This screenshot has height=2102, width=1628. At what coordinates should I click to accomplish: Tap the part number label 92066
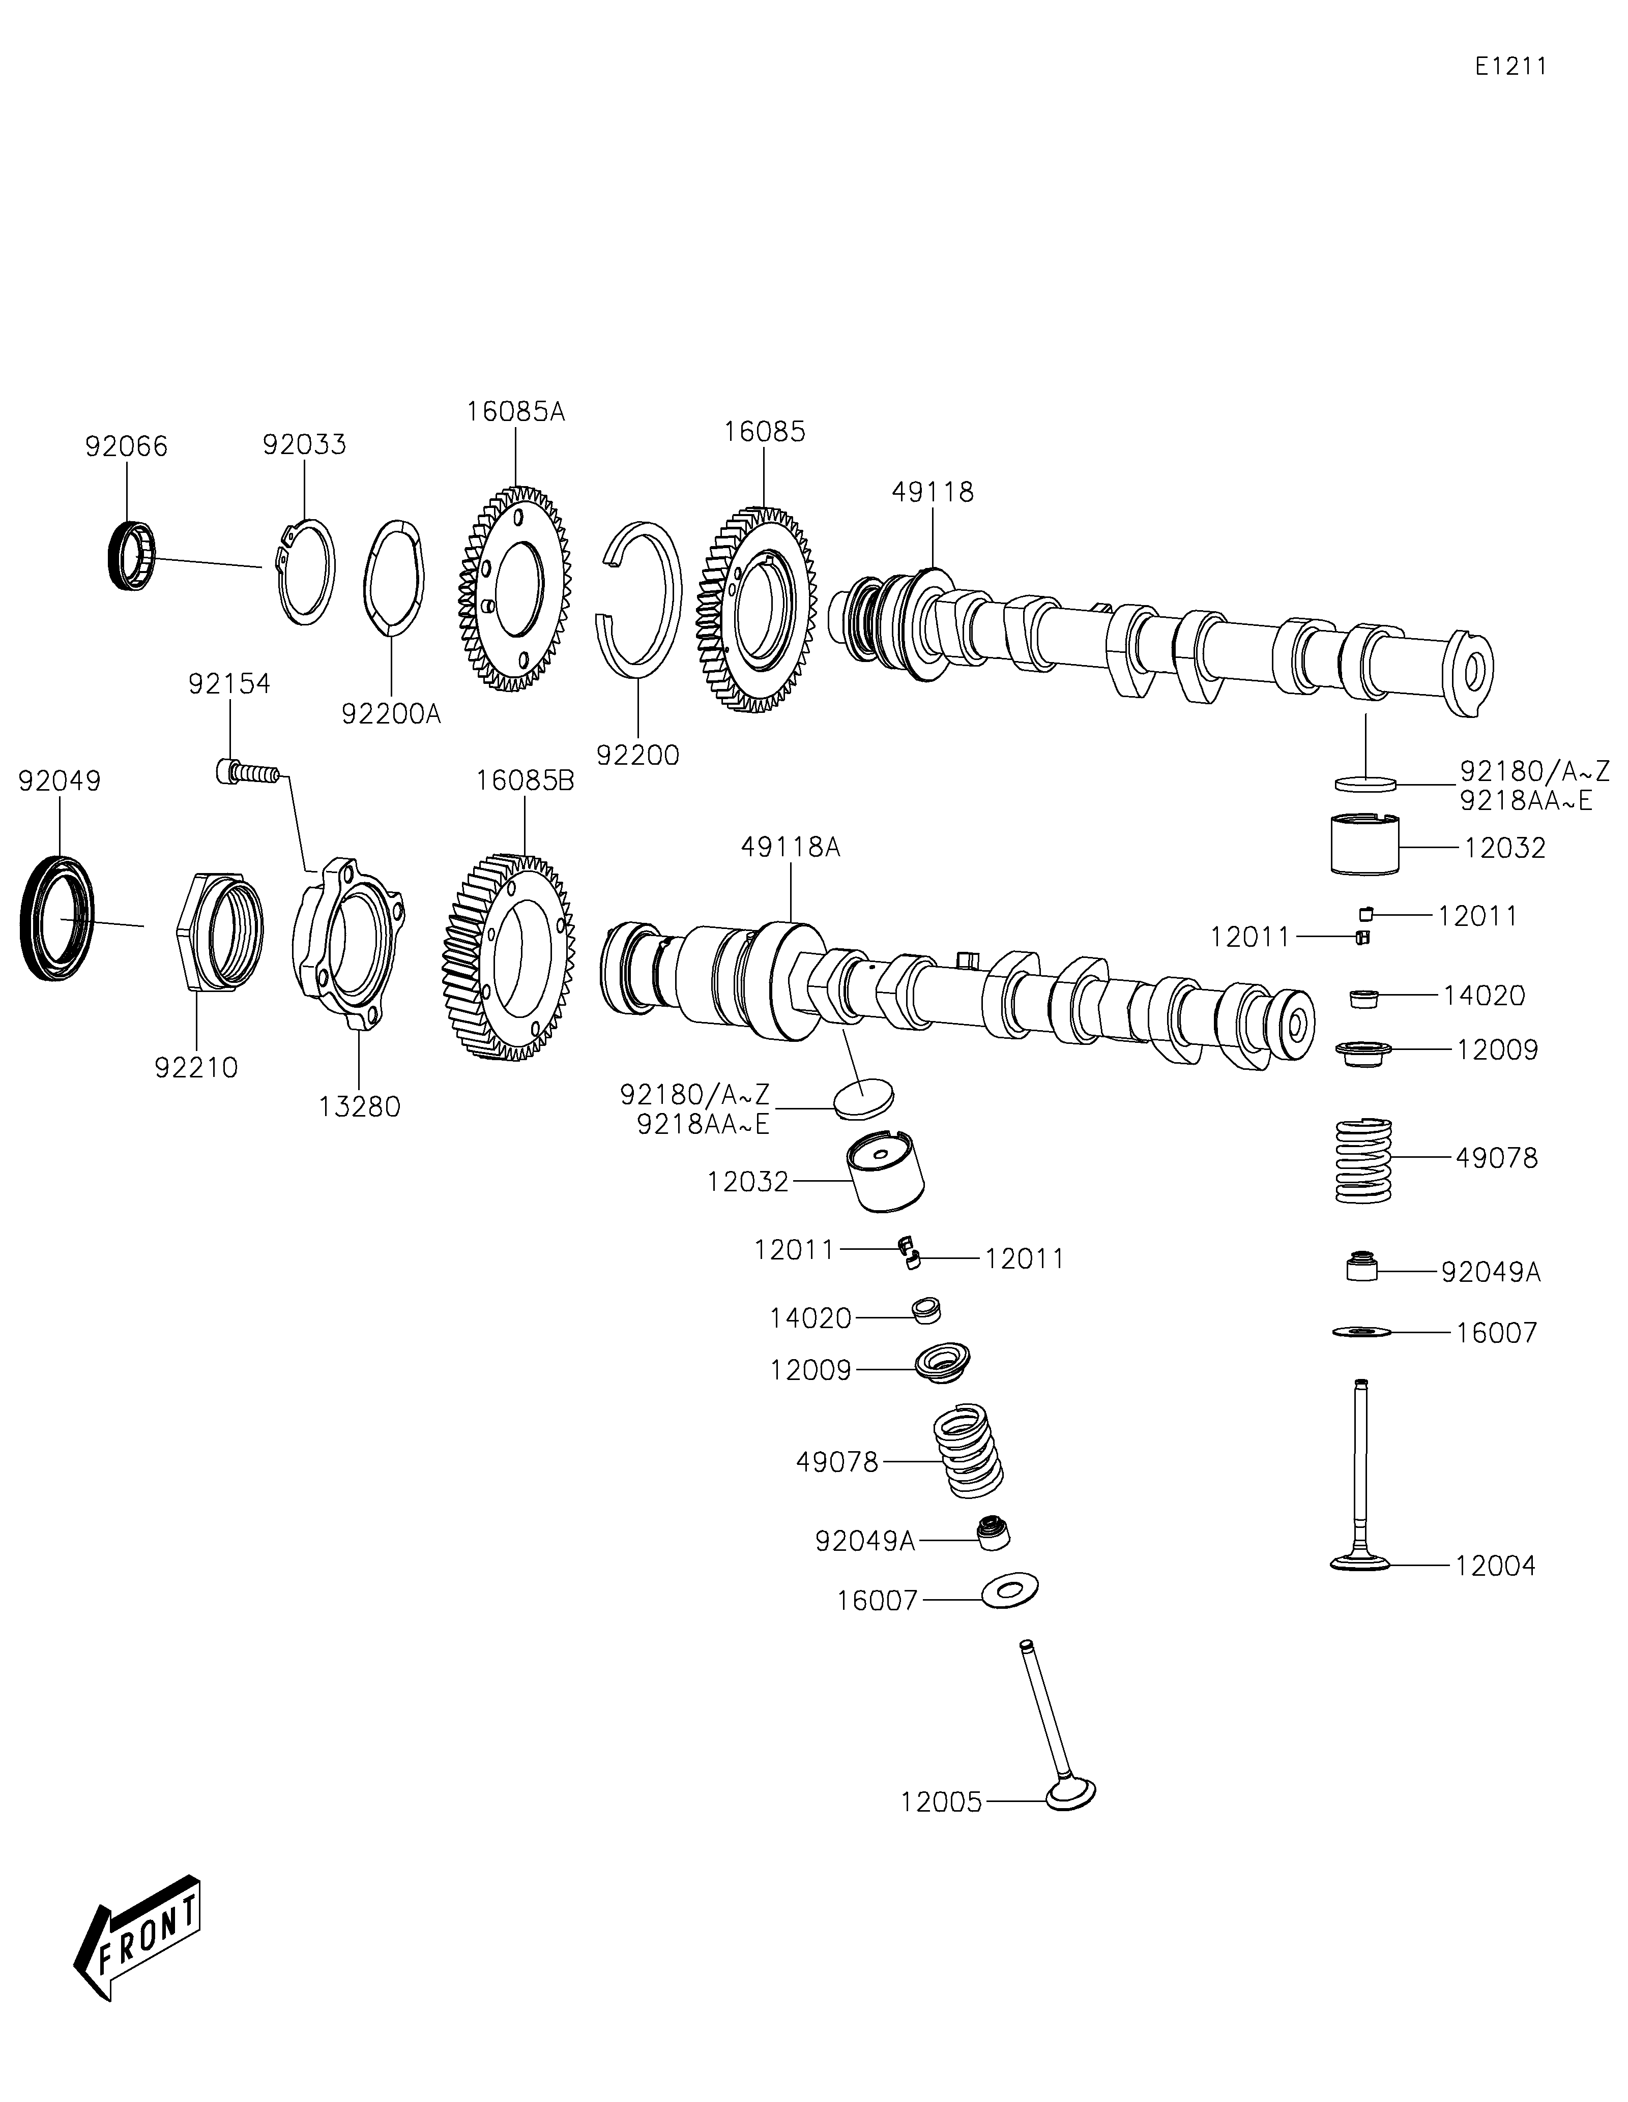(126, 446)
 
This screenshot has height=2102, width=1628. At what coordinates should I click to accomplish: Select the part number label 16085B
(525, 780)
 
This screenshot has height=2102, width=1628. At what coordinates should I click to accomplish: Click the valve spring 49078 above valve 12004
(1364, 1159)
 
